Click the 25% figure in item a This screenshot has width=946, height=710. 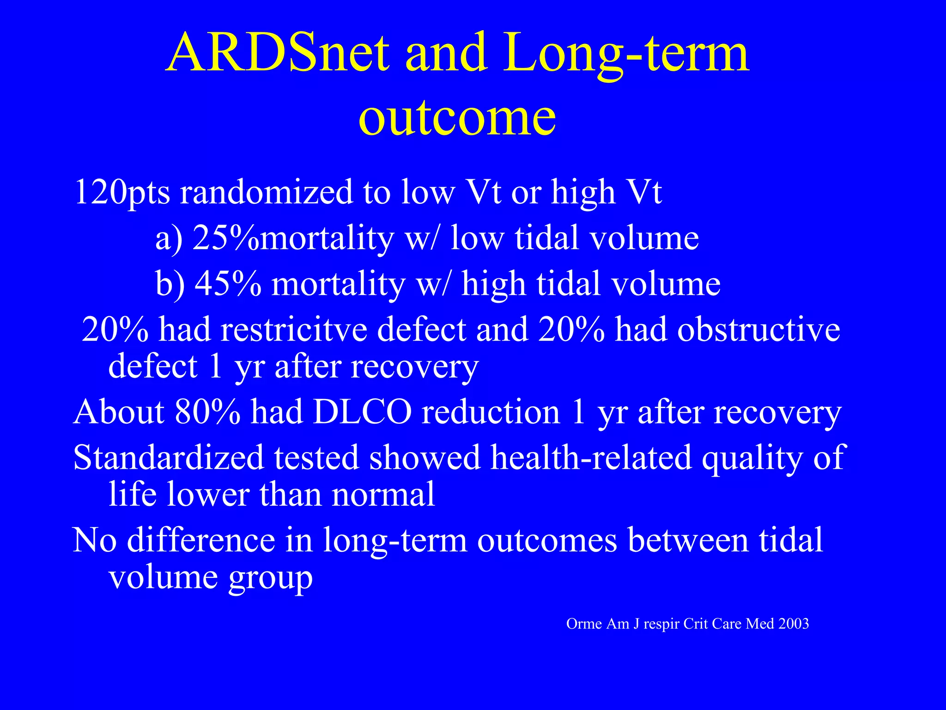(226, 238)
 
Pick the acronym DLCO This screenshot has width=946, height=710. (362, 411)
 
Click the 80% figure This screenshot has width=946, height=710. (207, 411)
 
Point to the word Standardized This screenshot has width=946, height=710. (168, 458)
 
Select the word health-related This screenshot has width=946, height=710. (591, 458)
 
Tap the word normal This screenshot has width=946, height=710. (383, 494)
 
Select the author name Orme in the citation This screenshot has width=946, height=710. (584, 624)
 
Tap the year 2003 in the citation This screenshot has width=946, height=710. (793, 624)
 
